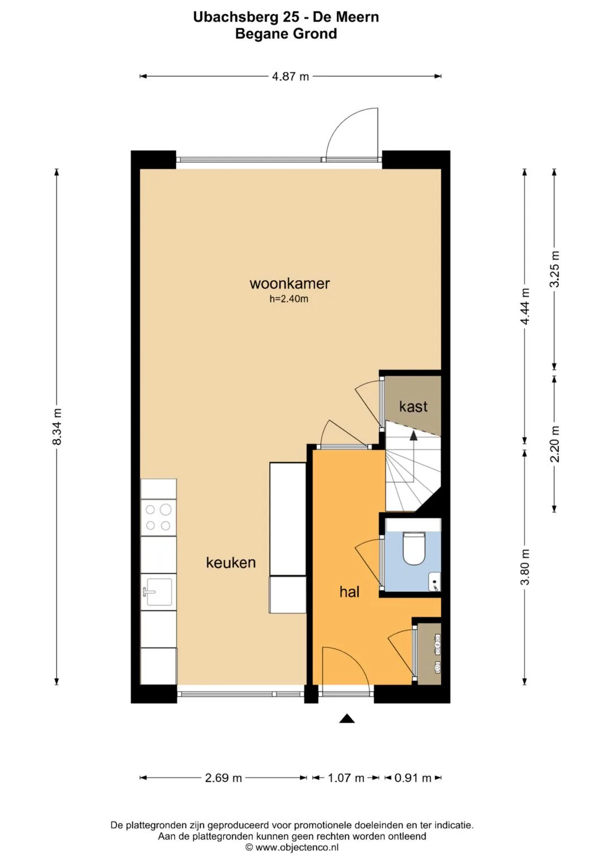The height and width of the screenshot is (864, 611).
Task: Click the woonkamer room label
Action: (290, 283)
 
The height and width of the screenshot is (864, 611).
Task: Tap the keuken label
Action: (231, 562)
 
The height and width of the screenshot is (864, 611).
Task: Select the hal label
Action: (350, 592)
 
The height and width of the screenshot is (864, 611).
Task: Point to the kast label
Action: (413, 406)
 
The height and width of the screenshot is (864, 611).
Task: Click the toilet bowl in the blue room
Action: (414, 548)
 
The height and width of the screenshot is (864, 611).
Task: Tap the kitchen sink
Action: (159, 592)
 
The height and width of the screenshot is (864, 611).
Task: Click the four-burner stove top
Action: (158, 517)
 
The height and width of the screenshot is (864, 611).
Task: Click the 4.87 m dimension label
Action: (290, 76)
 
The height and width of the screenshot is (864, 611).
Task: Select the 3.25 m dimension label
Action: (554, 269)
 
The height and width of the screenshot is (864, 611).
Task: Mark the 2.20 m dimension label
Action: (554, 444)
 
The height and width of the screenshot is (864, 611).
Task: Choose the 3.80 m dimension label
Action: (524, 566)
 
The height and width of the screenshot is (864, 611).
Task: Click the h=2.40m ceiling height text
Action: (289, 299)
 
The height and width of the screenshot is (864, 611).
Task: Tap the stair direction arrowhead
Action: (414, 436)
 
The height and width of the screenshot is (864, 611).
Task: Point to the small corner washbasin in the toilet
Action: (435, 582)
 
